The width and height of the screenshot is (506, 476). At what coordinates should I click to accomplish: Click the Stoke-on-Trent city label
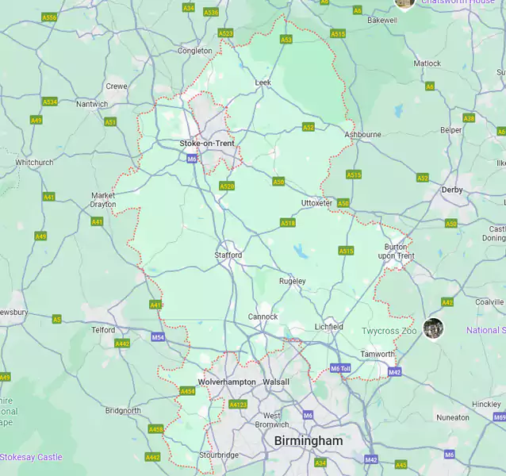click(x=206, y=144)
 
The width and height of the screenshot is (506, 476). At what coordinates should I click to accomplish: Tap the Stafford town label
click(x=228, y=255)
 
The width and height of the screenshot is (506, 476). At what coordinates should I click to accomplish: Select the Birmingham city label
click(x=309, y=440)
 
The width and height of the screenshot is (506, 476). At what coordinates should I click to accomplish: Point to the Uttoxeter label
click(x=316, y=203)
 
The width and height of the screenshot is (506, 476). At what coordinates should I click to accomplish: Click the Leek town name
click(x=263, y=83)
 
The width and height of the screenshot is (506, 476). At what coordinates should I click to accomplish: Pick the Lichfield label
click(x=329, y=327)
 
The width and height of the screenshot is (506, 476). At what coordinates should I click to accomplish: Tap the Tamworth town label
click(x=378, y=354)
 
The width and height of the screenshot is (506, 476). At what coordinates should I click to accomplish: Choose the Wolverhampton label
click(x=227, y=382)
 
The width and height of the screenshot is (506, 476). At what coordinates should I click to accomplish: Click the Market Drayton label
click(x=103, y=200)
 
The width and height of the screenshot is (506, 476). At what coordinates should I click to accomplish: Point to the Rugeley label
click(x=292, y=281)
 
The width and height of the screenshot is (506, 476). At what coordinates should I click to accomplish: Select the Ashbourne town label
click(x=362, y=135)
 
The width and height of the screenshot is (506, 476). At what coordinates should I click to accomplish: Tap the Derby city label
click(x=452, y=190)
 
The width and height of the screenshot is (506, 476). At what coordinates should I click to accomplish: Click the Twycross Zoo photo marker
click(x=433, y=328)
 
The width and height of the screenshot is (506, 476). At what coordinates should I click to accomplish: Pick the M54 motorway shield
click(x=158, y=337)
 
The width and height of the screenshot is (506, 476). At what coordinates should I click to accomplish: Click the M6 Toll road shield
click(x=340, y=369)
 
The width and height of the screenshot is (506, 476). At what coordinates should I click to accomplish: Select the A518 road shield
click(x=288, y=223)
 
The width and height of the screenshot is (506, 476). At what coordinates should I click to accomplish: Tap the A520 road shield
click(x=227, y=186)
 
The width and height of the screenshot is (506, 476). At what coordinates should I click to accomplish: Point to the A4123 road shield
click(x=238, y=405)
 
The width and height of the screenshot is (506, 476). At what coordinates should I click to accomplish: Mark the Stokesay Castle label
click(x=31, y=457)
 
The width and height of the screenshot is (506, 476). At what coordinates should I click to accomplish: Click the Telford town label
click(x=104, y=329)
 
